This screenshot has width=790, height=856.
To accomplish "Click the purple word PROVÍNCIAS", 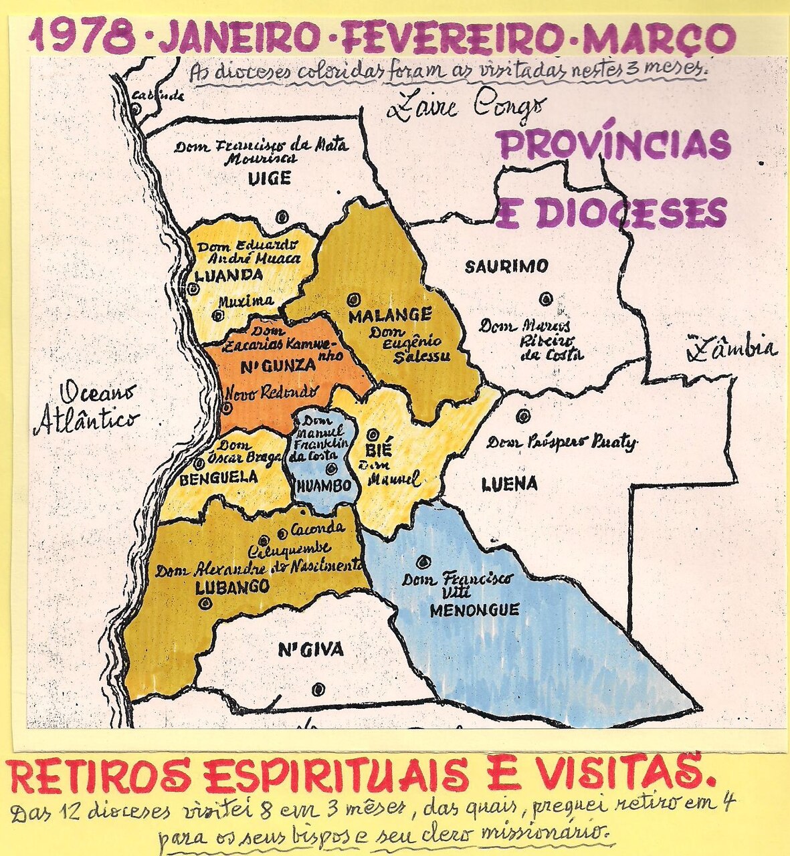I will (x=613, y=144).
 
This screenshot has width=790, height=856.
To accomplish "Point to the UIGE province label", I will (x=270, y=179).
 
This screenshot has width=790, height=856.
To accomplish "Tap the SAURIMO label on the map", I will (x=506, y=266).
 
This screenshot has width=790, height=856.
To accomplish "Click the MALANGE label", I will (x=390, y=314).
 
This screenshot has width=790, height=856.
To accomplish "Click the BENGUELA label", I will (x=219, y=477).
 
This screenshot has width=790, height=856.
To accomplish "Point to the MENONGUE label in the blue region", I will (x=474, y=610).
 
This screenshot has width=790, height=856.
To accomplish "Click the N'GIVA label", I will (x=310, y=649).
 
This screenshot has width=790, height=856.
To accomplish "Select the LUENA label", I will (x=509, y=484).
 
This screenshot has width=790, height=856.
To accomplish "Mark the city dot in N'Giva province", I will (x=319, y=689).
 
